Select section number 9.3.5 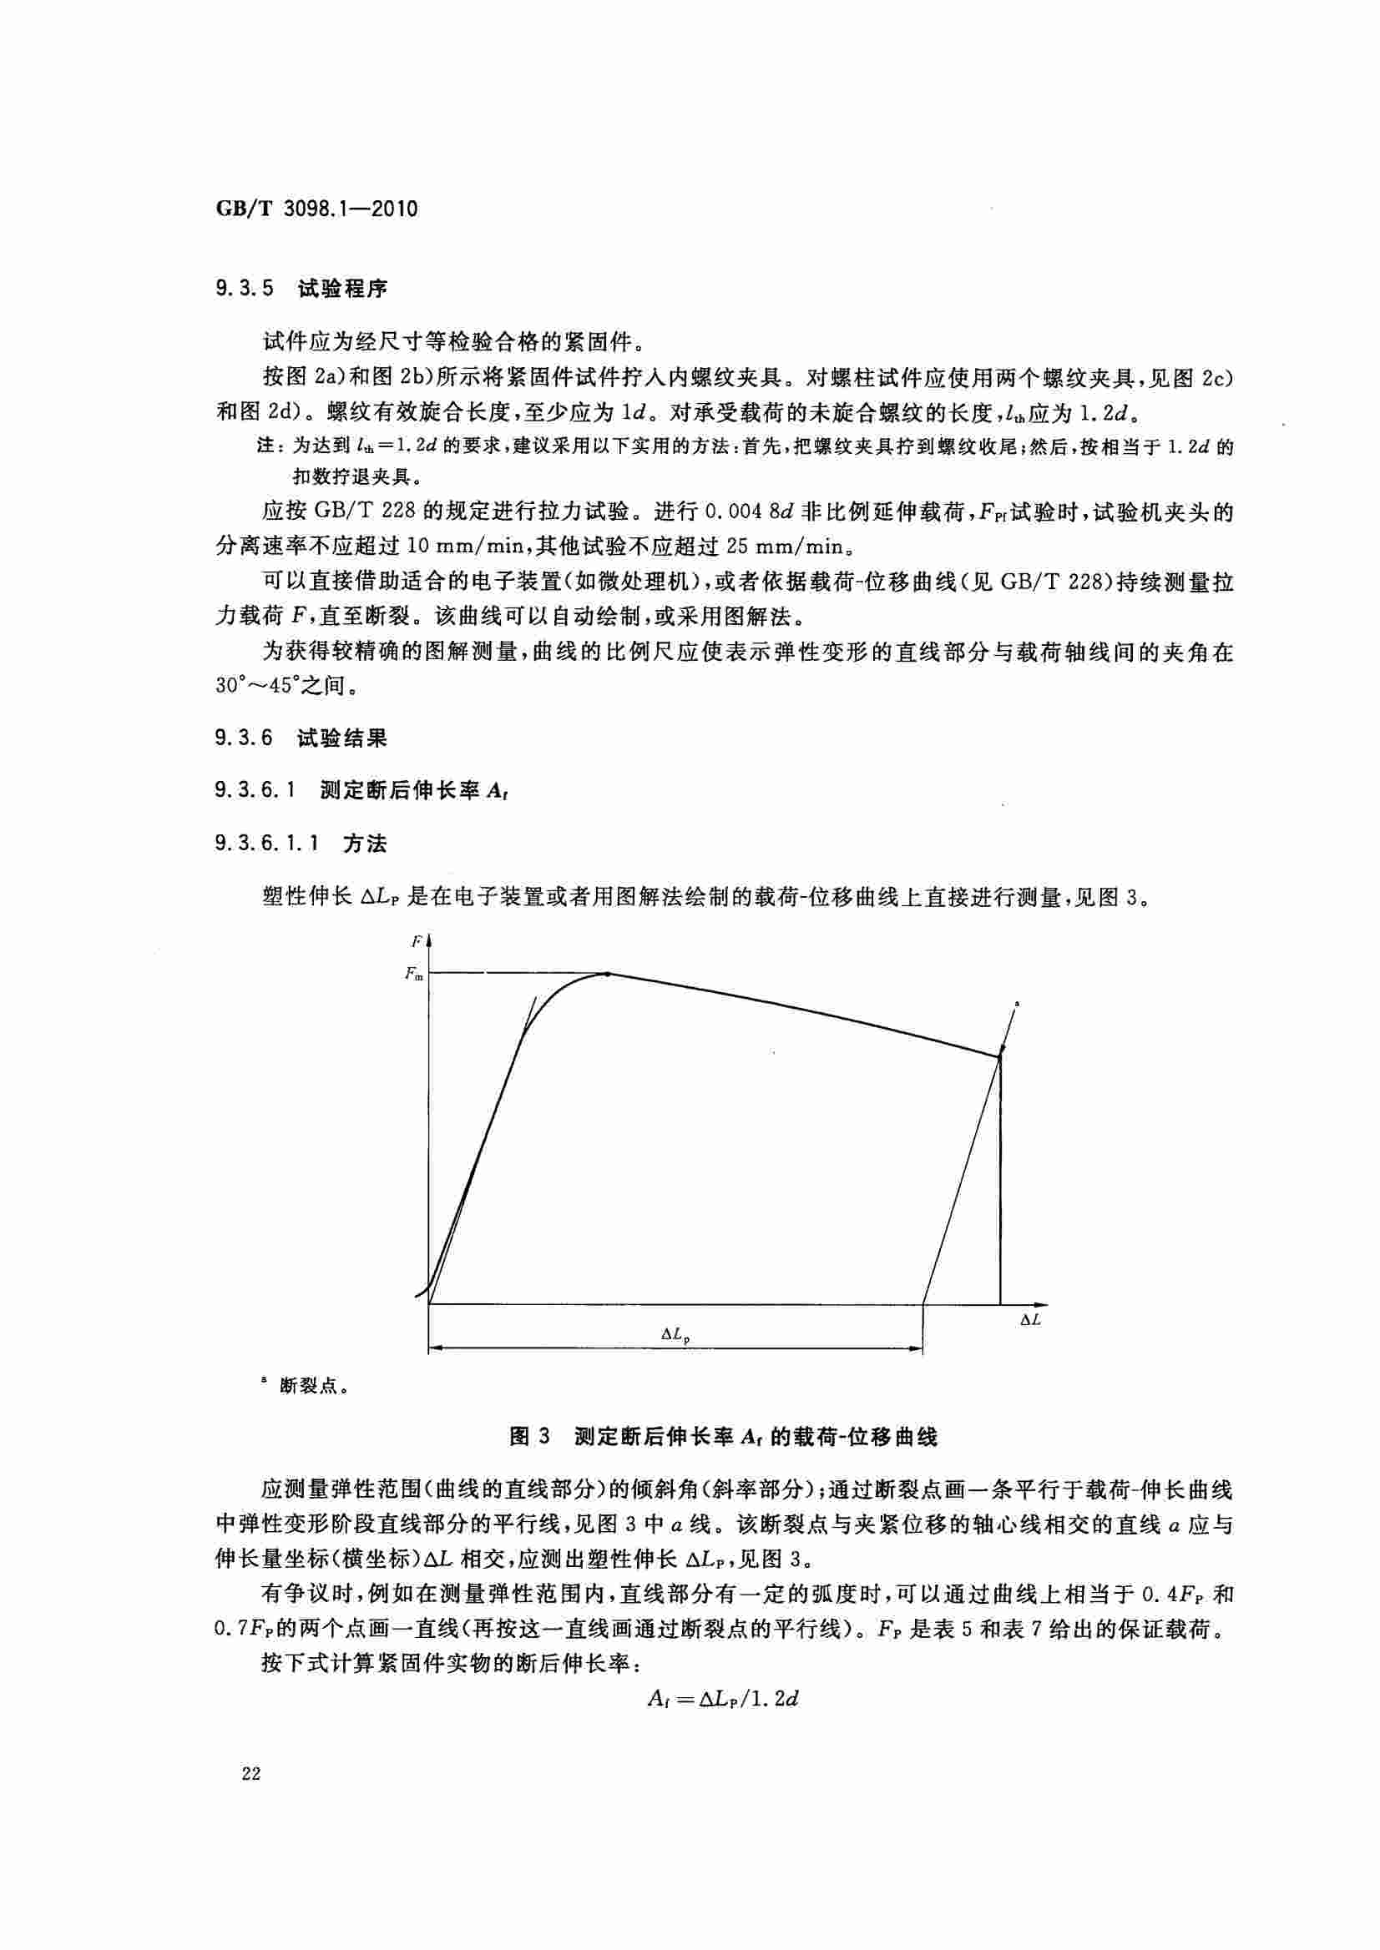[245, 289]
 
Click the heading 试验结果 [341, 738]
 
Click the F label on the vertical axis [417, 941]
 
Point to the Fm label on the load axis [414, 974]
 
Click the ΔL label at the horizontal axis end [1030, 1320]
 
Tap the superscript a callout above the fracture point [1017, 1004]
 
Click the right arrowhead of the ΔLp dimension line [917, 1348]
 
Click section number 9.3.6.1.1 [268, 844]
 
